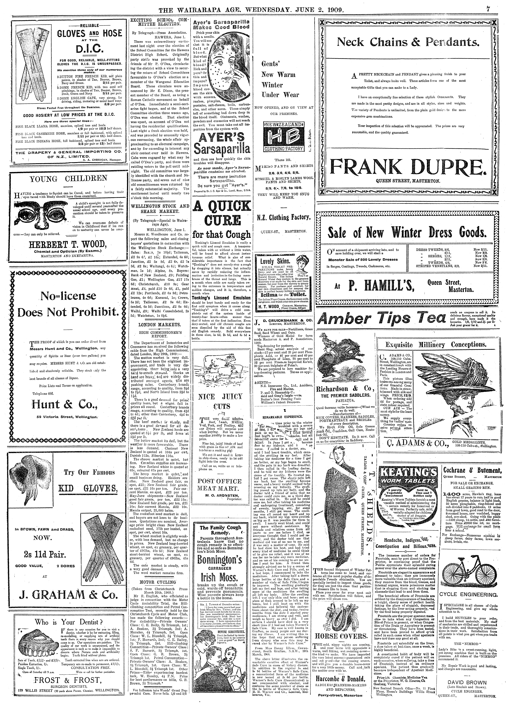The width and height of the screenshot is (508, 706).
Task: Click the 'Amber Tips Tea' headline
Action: [382, 318]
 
